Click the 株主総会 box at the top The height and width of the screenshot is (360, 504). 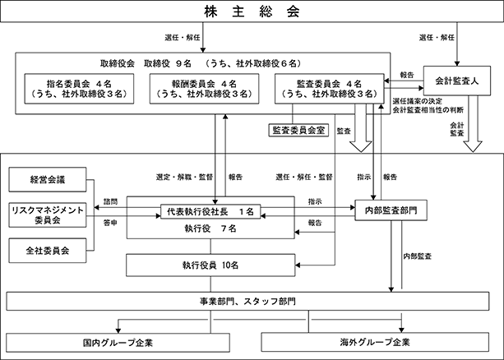tap(252, 12)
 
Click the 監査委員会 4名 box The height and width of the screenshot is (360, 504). tap(327, 89)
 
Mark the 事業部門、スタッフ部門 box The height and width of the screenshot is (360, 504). tap(251, 302)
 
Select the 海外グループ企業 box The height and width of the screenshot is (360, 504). tap(379, 340)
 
